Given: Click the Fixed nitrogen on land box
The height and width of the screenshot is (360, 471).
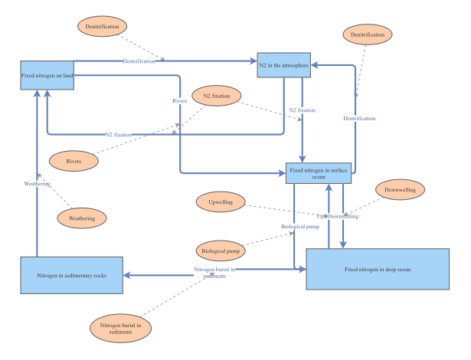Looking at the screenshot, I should (x=47, y=75).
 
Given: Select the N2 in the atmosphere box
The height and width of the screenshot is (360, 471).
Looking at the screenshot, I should (x=283, y=67).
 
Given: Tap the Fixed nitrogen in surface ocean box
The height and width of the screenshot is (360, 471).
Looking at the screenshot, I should (x=318, y=174).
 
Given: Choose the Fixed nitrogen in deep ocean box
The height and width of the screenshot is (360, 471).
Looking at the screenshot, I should (x=378, y=269).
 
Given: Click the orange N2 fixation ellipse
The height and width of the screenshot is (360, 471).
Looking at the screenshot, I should (x=217, y=97).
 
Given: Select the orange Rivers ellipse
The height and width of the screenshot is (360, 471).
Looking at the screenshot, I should (x=74, y=161).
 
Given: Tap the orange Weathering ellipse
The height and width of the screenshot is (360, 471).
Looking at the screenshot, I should (x=82, y=218).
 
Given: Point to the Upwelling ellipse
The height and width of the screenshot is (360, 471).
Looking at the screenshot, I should (x=221, y=202).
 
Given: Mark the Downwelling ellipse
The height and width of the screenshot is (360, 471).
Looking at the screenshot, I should (x=400, y=189).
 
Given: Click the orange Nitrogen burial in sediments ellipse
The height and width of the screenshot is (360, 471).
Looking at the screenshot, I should (x=121, y=329).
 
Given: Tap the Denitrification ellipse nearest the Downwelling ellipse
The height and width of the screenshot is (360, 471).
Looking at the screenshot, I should (x=366, y=35).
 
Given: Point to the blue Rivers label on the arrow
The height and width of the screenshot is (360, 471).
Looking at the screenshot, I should (x=180, y=100).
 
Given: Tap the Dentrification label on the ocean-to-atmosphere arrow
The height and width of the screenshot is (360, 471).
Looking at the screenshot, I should (x=359, y=118).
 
